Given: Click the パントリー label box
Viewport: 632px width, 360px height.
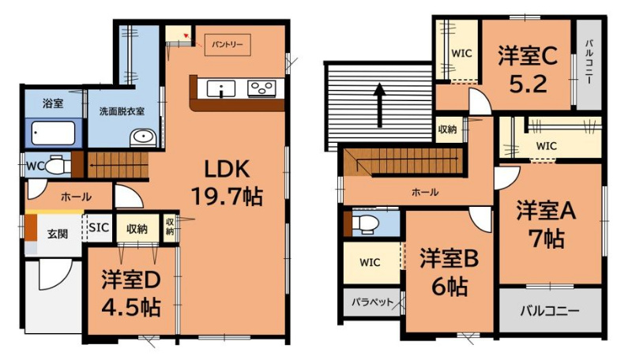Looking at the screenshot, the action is [228, 44].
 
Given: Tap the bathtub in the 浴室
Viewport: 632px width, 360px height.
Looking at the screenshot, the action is [54, 133].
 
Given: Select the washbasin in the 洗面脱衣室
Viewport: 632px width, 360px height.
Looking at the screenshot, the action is [143, 137].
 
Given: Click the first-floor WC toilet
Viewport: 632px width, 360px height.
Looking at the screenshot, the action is [57, 166].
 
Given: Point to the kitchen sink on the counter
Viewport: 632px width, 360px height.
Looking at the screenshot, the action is [221, 89].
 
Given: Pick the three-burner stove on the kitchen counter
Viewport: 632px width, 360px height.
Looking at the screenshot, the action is [261, 88].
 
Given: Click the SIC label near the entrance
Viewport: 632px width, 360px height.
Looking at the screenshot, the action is [99, 228].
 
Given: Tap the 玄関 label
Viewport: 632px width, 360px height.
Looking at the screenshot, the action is [58, 234].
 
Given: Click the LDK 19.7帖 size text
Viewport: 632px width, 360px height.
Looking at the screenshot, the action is [227, 197].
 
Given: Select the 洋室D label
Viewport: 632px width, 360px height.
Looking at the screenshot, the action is [131, 280].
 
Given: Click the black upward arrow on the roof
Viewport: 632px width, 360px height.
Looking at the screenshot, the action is [380, 105].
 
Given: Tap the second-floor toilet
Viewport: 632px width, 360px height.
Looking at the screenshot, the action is [365, 223].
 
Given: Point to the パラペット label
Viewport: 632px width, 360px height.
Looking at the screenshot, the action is [372, 302].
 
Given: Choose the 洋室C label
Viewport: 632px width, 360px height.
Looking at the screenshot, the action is [528, 55].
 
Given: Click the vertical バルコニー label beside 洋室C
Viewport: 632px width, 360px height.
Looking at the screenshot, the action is [589, 62].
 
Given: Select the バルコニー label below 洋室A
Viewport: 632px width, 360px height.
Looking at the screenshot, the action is [550, 311].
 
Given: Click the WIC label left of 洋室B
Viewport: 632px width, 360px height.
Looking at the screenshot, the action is [370, 263].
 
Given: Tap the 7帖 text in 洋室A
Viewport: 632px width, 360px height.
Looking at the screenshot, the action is [547, 238].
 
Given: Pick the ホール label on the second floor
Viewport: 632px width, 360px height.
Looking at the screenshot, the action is [425, 192].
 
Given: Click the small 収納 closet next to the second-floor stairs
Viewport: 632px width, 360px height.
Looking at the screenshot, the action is [448, 129].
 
